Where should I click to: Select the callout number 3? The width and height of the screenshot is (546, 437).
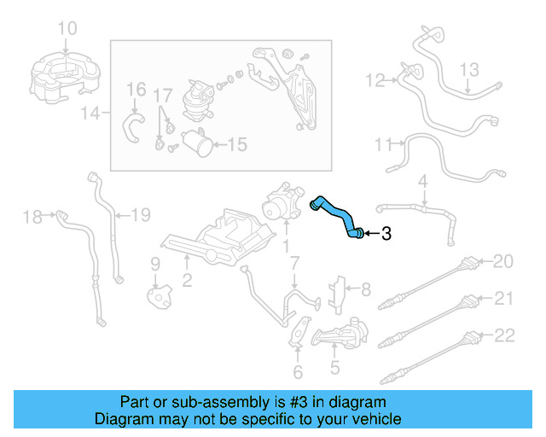(x=386, y=233)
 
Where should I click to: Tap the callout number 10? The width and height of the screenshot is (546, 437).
(x=67, y=29)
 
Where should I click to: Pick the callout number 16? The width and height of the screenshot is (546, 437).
(x=136, y=90)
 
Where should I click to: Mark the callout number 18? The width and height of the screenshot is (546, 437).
(x=32, y=218)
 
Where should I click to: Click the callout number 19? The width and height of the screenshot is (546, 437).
(x=140, y=214)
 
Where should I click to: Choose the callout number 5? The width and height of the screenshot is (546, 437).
(x=335, y=369)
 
